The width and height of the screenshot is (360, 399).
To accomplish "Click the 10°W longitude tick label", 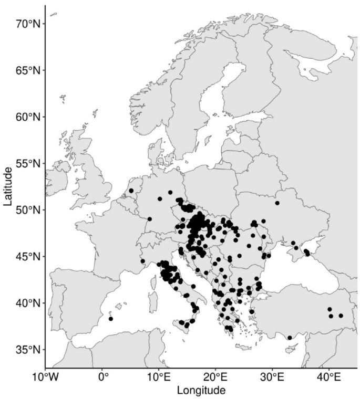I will point(45,377).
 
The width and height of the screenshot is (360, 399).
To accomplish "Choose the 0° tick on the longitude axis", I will point(102,377).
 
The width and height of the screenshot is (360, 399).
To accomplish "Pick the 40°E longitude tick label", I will point(330,377).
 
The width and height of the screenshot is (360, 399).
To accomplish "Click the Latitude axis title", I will point(8,186).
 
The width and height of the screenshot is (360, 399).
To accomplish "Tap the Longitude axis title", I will point(201,391).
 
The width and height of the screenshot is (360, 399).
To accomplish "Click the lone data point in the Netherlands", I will point(131,191).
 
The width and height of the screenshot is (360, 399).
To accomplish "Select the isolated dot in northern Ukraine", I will point(277,203).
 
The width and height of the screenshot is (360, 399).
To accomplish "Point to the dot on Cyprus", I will point(290,338).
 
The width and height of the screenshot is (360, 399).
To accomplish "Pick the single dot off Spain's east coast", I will point(111,318).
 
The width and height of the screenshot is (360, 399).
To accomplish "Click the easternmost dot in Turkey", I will point(341,316).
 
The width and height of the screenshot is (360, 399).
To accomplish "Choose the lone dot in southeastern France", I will point(142,261).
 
